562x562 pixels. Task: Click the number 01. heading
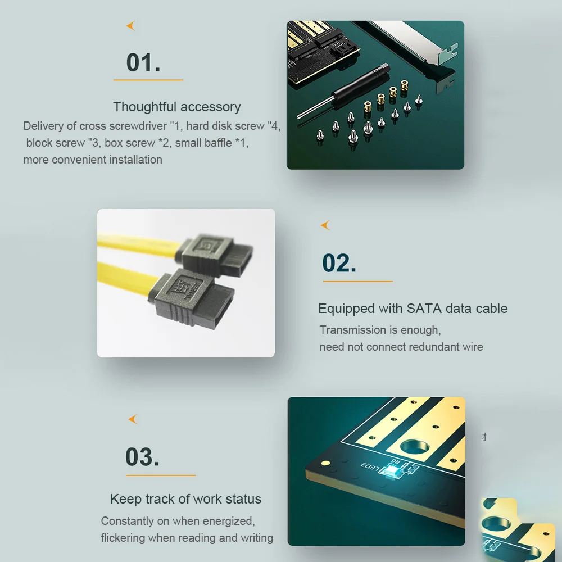pyautogui.click(x=143, y=63)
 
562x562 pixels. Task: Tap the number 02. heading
pyautogui.click(x=339, y=263)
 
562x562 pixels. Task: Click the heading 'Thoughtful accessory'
pyautogui.click(x=177, y=107)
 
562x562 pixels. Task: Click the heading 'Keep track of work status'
pyautogui.click(x=185, y=499)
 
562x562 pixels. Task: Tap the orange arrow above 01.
pyautogui.click(x=131, y=26)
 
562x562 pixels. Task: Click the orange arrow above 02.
pyautogui.click(x=325, y=225)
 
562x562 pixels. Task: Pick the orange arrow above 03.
pyautogui.click(x=133, y=419)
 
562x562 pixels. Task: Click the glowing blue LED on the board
pyautogui.click(x=393, y=472)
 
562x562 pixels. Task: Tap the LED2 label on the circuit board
pyautogui.click(x=370, y=466)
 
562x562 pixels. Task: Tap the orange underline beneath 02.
pyautogui.click(x=357, y=282)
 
